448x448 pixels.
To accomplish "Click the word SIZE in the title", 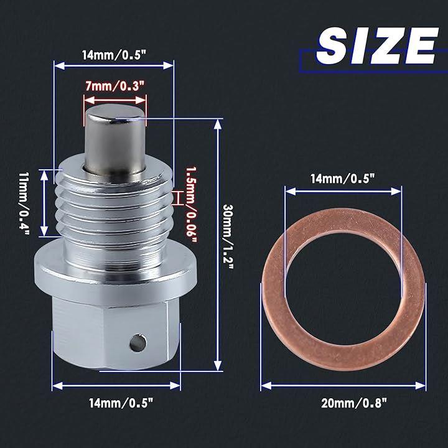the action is coord(377,45).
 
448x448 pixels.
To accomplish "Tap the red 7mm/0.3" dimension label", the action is coord(115,86).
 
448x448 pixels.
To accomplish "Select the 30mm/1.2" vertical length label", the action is coord(228,236).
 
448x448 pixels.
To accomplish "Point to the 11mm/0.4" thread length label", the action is coord(24,203).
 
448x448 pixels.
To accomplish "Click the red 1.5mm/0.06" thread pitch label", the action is coord(192,205).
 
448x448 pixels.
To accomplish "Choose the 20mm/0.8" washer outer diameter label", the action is coord(353,403).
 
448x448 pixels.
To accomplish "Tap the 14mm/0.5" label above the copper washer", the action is coord(342,179).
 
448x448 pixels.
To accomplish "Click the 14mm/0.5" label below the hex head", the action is coord(121,403).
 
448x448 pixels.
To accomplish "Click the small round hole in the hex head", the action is coord(138,343).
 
